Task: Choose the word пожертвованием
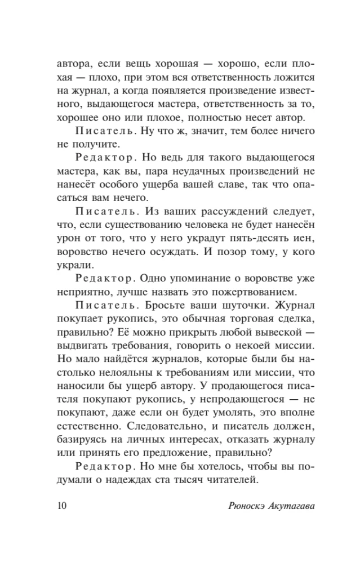(253, 292)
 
